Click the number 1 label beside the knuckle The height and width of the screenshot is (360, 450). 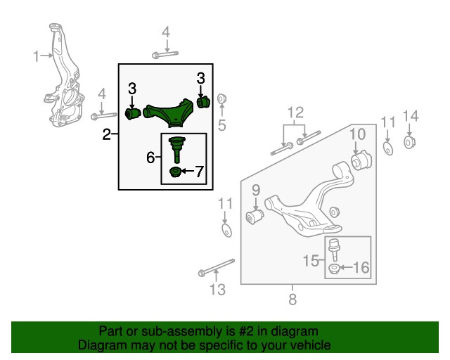tap(37, 56)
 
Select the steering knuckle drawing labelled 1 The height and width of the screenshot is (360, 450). tap(63, 81)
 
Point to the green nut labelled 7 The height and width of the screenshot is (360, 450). tap(176, 172)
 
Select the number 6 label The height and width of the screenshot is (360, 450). tap(150, 158)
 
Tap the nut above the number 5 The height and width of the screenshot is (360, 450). tap(221, 98)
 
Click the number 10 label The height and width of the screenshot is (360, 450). tap(356, 134)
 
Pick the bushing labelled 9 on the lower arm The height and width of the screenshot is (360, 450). tap(255, 217)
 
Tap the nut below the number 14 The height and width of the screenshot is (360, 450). tap(411, 143)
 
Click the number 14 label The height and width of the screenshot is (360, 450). tap(411, 116)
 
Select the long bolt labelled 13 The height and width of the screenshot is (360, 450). tap(215, 270)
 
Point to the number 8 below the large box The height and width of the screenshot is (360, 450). tap(292, 300)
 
